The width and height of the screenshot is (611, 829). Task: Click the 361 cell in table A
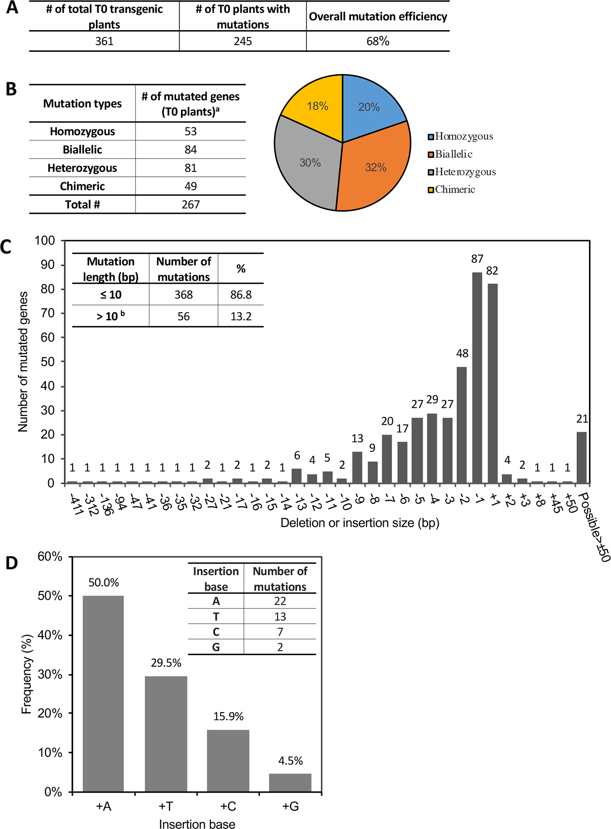104,41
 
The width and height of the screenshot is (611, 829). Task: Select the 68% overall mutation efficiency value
378,41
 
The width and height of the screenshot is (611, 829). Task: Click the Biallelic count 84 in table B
190,149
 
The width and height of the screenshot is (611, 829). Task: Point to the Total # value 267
190,205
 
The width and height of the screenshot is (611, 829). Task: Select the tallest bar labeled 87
477,377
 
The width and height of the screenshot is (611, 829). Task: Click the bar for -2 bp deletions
462,424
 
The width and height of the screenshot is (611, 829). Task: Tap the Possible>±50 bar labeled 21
582,458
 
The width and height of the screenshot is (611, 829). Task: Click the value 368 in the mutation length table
183,295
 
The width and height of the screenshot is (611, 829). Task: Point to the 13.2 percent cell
241,317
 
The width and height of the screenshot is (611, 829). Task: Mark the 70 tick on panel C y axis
48,313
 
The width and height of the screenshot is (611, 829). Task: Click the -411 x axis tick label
76,504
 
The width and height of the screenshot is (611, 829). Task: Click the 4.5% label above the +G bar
290,761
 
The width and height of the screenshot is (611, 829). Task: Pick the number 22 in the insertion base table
280,601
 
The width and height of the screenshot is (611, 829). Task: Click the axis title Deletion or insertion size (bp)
359,523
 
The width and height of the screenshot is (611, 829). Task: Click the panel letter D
12,563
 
